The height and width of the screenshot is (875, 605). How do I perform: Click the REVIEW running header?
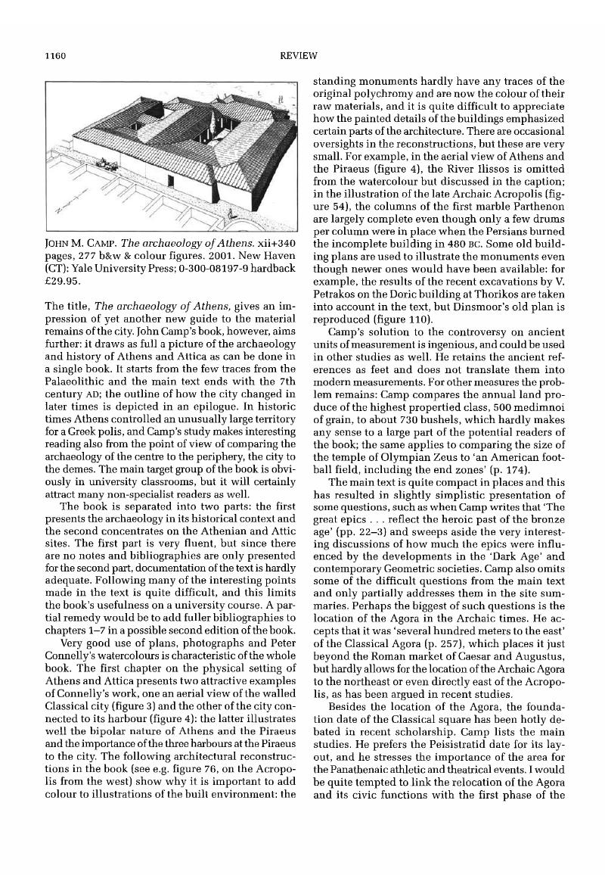pyautogui.click(x=302, y=55)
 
